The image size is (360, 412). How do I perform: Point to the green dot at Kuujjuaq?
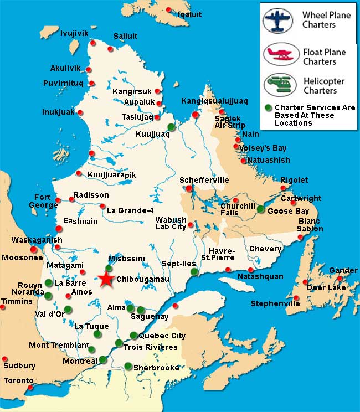(171, 127)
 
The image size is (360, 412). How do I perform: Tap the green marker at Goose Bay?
(260, 209)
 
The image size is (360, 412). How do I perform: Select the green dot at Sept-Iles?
(194, 272)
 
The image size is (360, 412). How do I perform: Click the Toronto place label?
(18, 381)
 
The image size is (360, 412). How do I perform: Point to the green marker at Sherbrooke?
(128, 365)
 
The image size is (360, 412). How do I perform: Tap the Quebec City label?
(162, 336)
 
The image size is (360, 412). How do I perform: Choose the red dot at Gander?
(340, 278)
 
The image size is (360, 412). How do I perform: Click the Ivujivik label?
(74, 34)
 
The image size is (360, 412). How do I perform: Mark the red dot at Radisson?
(71, 199)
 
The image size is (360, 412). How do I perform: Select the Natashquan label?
(260, 276)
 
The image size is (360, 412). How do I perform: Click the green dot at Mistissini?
(109, 268)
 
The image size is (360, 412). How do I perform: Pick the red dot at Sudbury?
(4, 359)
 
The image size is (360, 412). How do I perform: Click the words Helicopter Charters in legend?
(324, 85)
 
